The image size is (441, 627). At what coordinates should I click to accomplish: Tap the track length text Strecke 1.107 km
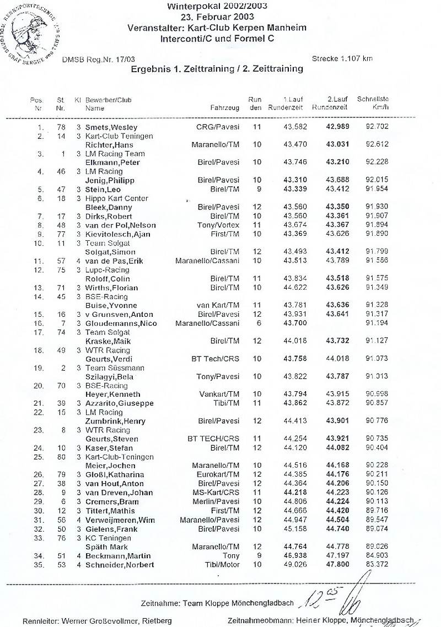342,58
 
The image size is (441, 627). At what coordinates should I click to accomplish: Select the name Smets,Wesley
111,127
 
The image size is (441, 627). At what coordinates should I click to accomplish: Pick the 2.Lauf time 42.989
337,127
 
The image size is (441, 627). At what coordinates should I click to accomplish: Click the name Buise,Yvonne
111,305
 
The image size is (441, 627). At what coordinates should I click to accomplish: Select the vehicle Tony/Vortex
218,225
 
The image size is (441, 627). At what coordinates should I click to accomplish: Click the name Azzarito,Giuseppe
119,403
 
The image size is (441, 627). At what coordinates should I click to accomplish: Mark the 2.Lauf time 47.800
337,565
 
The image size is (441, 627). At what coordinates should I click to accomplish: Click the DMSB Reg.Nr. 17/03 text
93,58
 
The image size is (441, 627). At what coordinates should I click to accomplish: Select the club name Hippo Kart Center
114,198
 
